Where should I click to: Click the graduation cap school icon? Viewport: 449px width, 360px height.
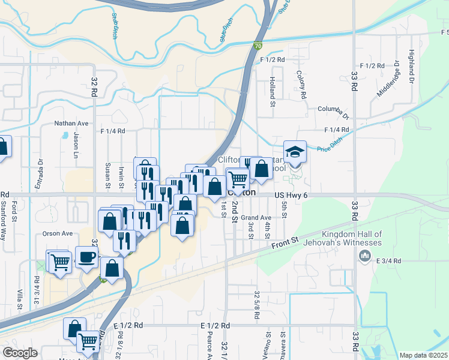(x=295, y=152)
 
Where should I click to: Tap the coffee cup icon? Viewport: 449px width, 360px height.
(x=86, y=257)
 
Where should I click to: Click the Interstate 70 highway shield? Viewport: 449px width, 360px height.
(x=258, y=45)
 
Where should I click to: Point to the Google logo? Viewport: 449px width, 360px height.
(x=20, y=353)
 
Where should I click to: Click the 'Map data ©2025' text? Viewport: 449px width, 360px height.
(x=423, y=355)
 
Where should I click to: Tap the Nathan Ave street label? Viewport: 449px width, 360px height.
(x=71, y=124)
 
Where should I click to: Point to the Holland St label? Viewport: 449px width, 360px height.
(x=272, y=87)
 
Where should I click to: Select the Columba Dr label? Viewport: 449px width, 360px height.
(x=333, y=110)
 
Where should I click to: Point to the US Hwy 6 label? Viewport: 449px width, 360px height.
(x=294, y=195)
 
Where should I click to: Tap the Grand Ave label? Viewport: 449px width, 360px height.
(x=257, y=217)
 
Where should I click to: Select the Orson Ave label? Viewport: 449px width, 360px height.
(x=58, y=233)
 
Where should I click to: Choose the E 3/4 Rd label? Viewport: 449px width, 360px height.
(x=388, y=260)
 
